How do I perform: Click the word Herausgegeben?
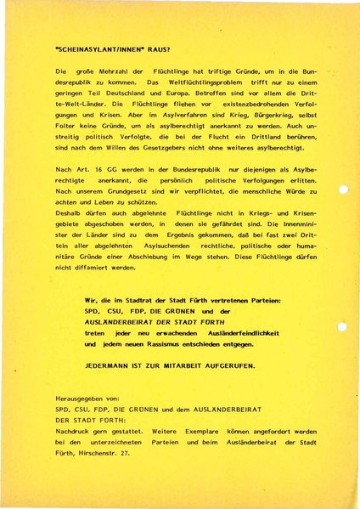82,398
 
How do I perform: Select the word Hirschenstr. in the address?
99,453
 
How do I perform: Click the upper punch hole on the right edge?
342,189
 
